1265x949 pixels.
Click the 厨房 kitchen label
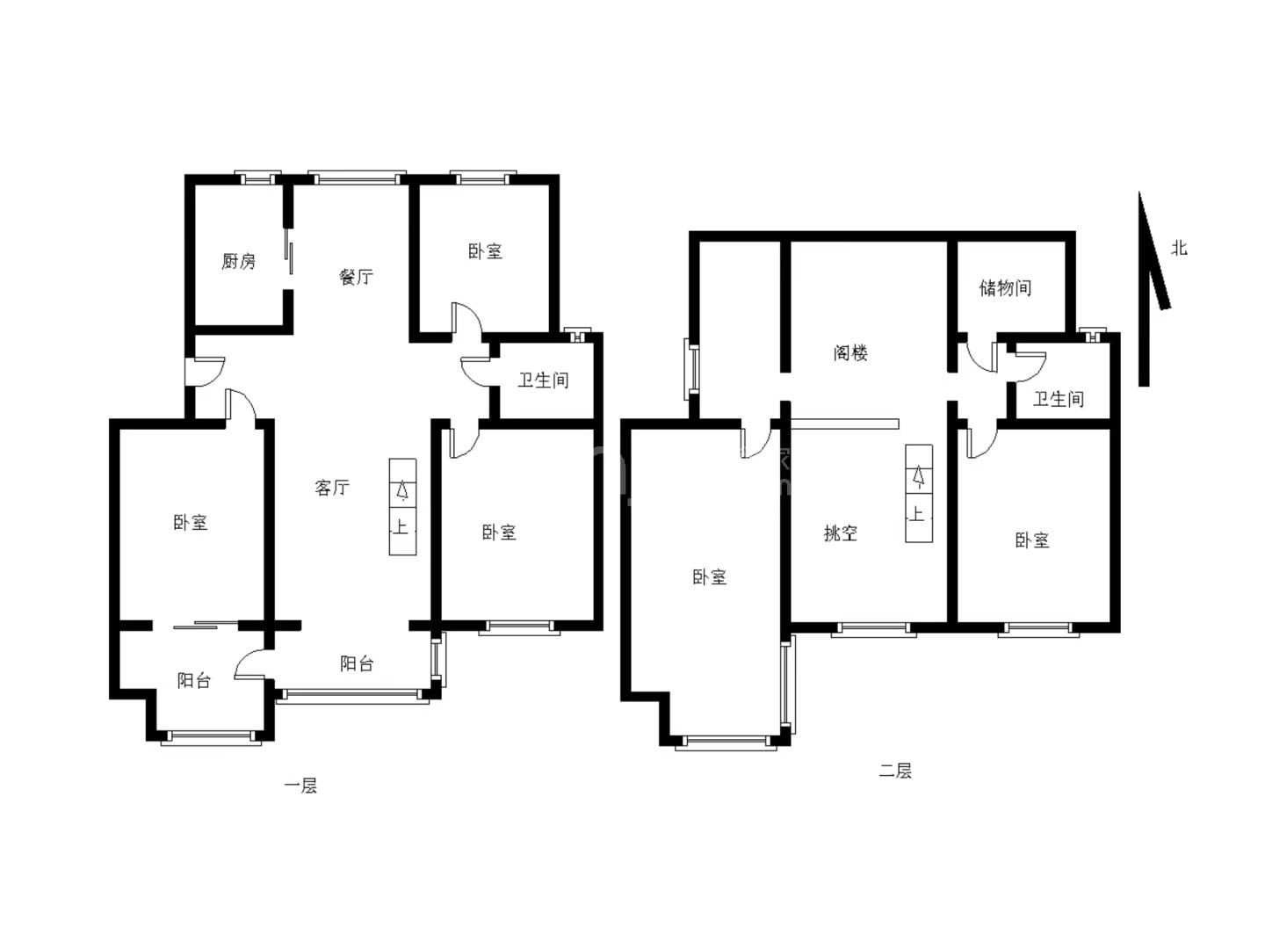pos(238,261)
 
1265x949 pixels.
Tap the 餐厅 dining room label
pos(356,277)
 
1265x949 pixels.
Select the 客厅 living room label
pos(332,488)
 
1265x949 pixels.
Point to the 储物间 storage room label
pos(1005,287)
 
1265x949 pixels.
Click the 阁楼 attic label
pos(850,352)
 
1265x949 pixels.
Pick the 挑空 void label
pos(841,533)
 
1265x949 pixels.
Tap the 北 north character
pos(1179,248)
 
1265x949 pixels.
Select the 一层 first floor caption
pos(300,786)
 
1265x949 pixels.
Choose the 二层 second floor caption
pos(895,771)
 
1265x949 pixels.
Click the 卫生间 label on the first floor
pos(543,380)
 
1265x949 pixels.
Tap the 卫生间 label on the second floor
pos(1058,399)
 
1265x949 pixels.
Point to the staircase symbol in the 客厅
pos(402,506)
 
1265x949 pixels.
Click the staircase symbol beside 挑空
pos(919,493)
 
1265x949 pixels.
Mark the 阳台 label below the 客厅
pos(356,663)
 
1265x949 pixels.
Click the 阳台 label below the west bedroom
pos(193,680)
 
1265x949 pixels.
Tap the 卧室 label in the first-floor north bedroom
pos(485,251)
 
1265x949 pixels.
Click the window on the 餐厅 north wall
pos(357,177)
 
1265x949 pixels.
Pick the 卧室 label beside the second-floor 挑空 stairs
pos(1032,540)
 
